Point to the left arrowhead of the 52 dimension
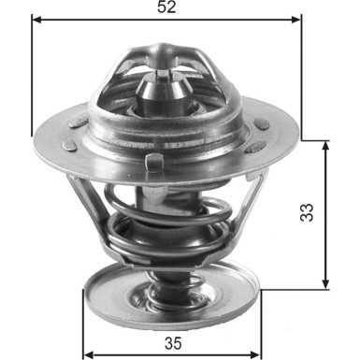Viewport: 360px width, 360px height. [x=36, y=18]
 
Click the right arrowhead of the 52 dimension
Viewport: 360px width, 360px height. [x=299, y=18]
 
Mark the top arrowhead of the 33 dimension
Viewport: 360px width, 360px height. [x=324, y=145]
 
